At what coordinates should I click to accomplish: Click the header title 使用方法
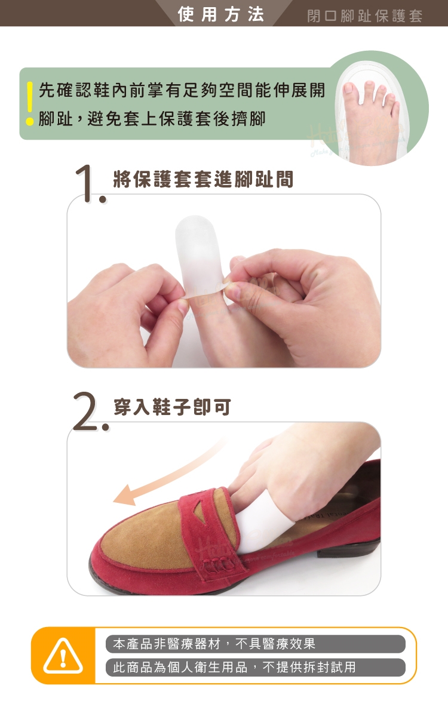point(221,14)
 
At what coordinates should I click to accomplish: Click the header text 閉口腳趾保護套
point(365,16)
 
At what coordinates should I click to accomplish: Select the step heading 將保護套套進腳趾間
point(203,179)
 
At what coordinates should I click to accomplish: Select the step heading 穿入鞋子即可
point(172,407)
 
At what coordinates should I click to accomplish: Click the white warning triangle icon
point(63,656)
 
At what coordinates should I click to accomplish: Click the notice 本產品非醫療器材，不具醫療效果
point(214,644)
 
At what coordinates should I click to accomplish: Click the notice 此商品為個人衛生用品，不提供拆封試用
point(234,667)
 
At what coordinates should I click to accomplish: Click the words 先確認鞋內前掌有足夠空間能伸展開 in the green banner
point(182,90)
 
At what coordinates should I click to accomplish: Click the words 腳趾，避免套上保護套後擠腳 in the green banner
point(152,119)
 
